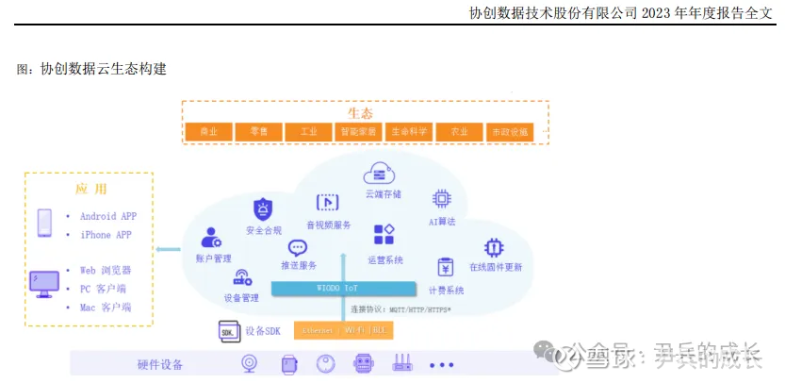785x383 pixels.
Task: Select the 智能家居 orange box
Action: click(359, 132)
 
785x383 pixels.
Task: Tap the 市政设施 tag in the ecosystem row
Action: click(510, 132)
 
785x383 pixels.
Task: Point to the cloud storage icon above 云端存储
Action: click(377, 173)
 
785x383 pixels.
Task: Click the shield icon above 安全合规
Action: click(263, 208)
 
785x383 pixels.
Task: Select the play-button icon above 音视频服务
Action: click(327, 202)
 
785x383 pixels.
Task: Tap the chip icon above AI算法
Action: click(441, 198)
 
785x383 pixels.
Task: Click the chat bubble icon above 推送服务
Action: click(298, 248)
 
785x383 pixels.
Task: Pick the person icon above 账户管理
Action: click(212, 237)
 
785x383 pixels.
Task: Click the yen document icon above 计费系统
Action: click(446, 268)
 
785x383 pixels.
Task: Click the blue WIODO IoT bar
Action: click(343, 289)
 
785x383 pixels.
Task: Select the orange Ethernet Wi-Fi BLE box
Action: click(343, 330)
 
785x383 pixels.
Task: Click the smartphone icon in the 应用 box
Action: click(44, 224)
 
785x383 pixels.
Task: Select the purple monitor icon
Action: click(44, 284)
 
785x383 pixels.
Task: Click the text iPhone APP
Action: click(106, 235)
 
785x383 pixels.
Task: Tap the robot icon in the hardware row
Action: click(364, 363)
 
